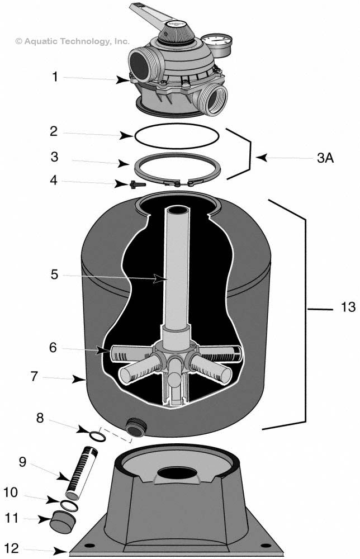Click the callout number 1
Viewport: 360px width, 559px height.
point(55,77)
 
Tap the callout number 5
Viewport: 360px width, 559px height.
point(54,274)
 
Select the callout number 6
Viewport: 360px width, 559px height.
point(53,347)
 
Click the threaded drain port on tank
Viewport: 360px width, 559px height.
point(136,426)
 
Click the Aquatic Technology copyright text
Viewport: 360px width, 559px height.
point(73,41)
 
